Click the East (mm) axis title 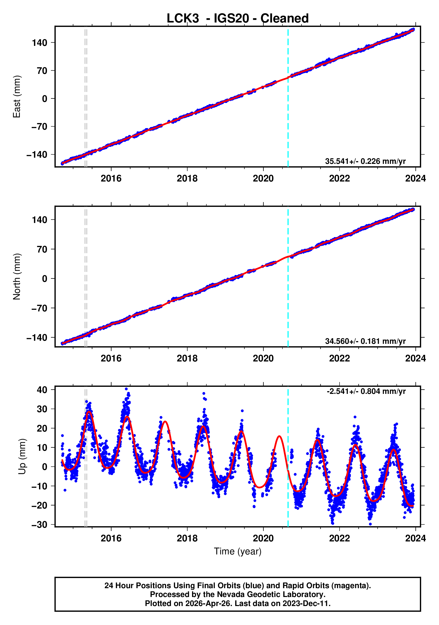(x=17, y=97)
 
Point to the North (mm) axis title (x=17, y=277)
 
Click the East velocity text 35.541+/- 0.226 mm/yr (x=365, y=161)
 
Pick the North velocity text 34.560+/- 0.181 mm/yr (x=365, y=341)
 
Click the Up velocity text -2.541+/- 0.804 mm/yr (x=366, y=391)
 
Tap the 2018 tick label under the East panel (x=187, y=179)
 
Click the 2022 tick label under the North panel (x=339, y=359)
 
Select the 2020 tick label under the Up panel (x=263, y=538)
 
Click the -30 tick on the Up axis (x=39, y=525)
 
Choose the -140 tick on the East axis (x=37, y=155)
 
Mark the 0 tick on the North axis (x=45, y=279)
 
